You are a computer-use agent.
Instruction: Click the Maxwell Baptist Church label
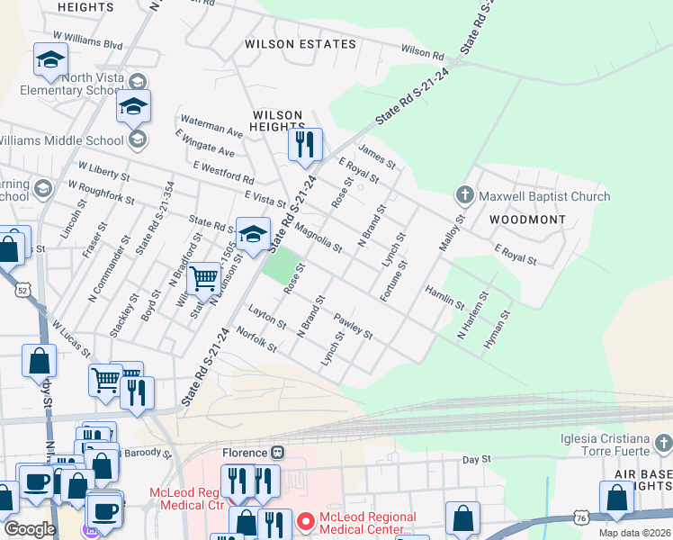(544, 196)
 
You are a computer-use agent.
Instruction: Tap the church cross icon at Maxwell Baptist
(465, 194)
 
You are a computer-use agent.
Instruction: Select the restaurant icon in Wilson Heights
(305, 144)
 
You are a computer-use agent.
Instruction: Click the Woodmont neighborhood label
(527, 220)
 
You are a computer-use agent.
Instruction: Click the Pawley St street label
(353, 326)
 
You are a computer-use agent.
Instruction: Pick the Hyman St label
(496, 329)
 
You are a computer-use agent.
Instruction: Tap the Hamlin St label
(445, 298)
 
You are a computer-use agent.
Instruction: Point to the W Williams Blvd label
(87, 40)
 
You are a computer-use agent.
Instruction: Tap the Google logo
(30, 529)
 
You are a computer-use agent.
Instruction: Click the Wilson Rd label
(423, 52)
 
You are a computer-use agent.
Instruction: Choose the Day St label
(476, 459)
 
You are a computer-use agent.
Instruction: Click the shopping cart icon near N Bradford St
(204, 277)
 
